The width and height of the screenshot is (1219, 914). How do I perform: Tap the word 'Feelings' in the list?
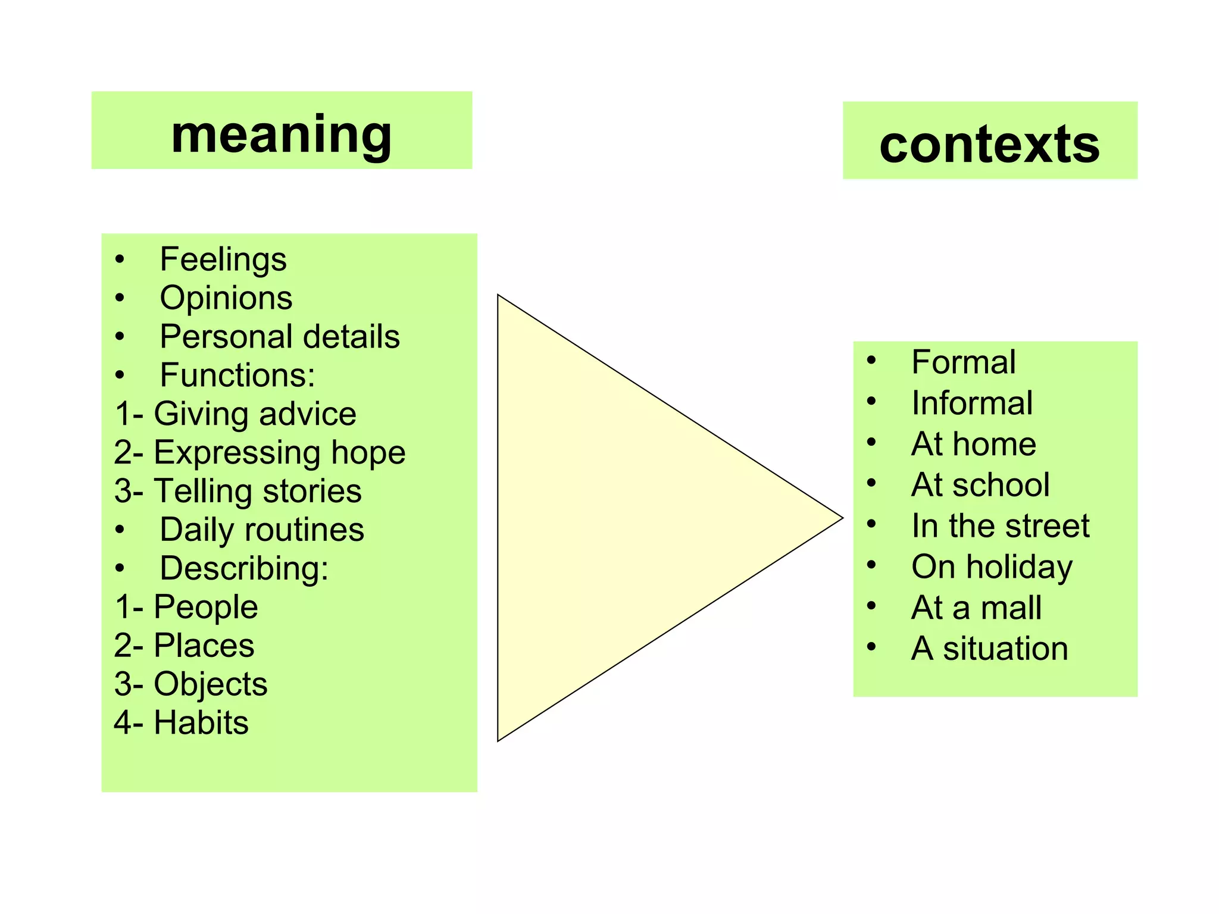click(223, 259)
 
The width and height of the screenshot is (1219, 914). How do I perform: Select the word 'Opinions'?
click(226, 298)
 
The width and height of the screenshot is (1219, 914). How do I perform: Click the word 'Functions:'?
click(237, 375)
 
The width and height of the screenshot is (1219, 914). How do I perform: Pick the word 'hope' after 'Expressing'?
click(368, 453)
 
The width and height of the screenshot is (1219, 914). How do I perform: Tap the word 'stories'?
click(312, 491)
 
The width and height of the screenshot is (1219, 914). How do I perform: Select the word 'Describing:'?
click(244, 568)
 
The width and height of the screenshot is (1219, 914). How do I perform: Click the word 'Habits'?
click(201, 723)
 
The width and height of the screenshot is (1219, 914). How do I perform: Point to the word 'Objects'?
click(211, 684)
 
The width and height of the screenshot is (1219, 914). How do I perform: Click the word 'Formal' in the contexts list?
click(964, 362)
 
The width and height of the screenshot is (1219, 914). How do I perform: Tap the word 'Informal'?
click(972, 403)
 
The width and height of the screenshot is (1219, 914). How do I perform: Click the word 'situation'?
click(1005, 649)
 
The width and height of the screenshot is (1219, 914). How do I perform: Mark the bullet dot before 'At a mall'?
click(871, 606)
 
